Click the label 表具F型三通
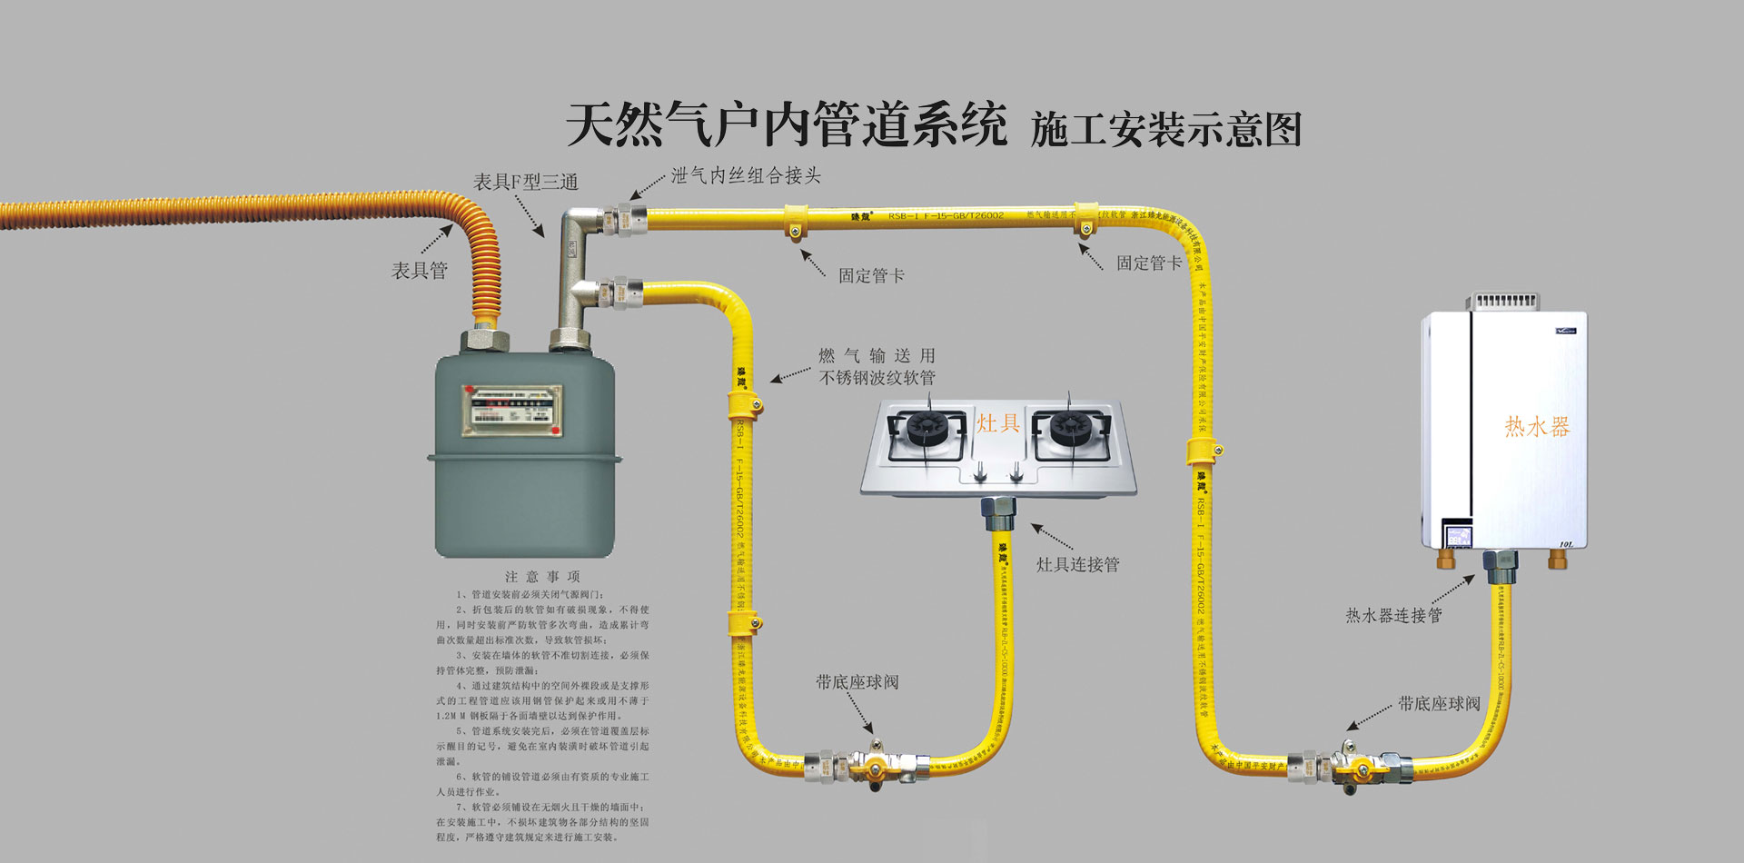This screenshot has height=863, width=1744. pos(525,183)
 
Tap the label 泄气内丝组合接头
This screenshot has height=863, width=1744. pos(746,175)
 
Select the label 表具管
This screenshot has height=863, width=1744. pos(420,271)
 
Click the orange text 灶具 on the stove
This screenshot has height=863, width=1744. pos(998,423)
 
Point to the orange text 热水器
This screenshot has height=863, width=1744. pos(1537,427)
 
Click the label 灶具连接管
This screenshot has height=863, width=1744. pos(1078,564)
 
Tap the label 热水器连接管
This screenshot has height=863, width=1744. pos(1393,616)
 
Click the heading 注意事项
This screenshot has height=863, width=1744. pos(542,577)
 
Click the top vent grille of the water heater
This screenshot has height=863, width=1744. pos(1506,301)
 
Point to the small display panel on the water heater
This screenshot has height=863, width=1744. pos(1460,534)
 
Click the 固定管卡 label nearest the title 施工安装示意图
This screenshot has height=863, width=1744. pos(1149,263)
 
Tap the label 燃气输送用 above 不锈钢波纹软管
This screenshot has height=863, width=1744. pos(877,356)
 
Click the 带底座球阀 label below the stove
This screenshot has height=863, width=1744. pos(857,682)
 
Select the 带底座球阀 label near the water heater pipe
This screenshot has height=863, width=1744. pos(1439,704)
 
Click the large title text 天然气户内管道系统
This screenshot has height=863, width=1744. pos(787,125)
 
